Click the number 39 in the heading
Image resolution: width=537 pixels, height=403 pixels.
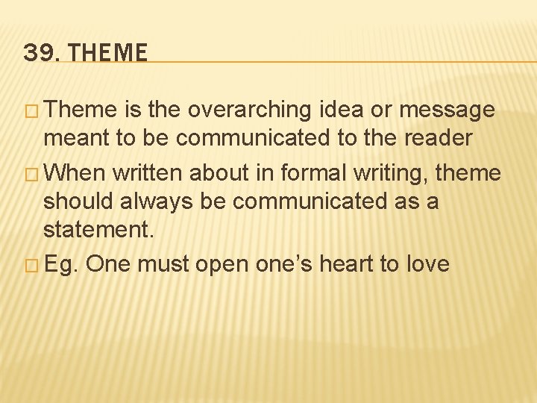coord(37,52)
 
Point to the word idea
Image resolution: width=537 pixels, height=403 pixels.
coord(339,110)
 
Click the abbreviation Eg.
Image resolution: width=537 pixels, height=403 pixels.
coord(63,263)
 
